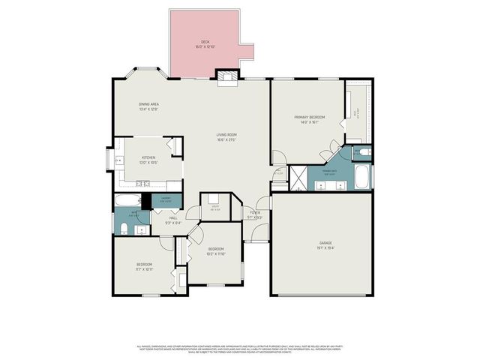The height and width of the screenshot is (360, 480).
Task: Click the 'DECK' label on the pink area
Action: pyautogui.click(x=205, y=42)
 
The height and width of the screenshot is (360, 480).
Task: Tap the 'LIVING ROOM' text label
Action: pyautogui.click(x=226, y=135)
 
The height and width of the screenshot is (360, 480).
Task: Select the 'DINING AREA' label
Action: pyautogui.click(x=148, y=104)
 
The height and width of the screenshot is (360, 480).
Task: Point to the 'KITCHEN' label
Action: pyautogui.click(x=148, y=157)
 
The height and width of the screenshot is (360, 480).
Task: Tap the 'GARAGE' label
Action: pyautogui.click(x=325, y=243)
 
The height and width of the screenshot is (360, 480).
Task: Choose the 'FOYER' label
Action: pyautogui.click(x=256, y=213)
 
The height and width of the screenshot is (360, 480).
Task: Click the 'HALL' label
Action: pyautogui.click(x=172, y=217)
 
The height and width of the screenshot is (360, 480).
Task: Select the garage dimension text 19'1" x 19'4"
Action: pyautogui.click(x=325, y=248)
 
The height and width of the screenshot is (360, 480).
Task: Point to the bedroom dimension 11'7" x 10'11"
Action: pyautogui.click(x=145, y=268)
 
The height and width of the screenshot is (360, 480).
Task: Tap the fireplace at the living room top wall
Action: pyautogui.click(x=226, y=75)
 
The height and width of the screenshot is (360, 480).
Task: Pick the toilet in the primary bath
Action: pyautogui.click(x=362, y=152)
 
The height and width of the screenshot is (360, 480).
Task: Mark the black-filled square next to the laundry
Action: pyautogui.click(x=146, y=200)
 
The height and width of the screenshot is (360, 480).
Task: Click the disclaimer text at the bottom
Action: pyautogui.click(x=239, y=349)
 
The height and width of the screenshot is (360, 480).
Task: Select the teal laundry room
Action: pyautogui.click(x=166, y=199)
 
